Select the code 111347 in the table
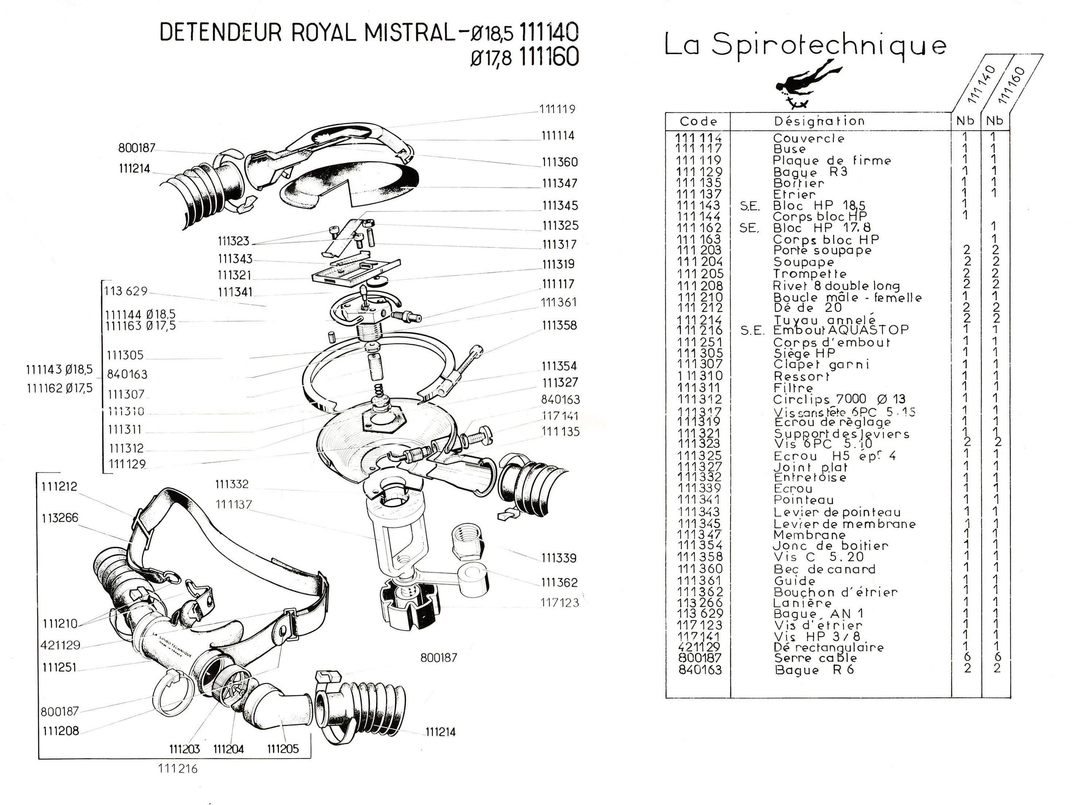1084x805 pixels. coord(699,535)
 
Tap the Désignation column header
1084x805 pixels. coord(820,121)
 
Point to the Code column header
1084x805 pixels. coord(698,121)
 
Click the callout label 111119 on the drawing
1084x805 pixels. coord(557,109)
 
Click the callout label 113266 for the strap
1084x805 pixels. coord(60,518)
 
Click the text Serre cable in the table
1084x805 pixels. coord(815,658)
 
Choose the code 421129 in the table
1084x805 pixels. coord(699,647)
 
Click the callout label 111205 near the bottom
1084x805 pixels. coord(283,748)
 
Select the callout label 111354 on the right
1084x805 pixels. coord(559,366)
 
